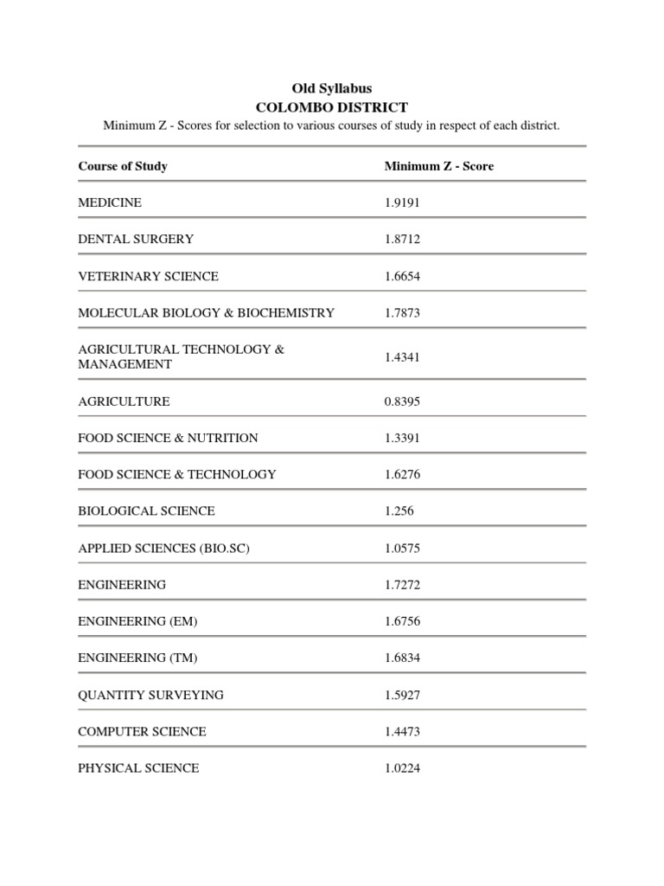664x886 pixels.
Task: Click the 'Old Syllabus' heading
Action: [332, 88]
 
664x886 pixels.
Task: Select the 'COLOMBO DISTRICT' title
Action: [332, 107]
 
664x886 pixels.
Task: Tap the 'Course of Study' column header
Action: [123, 166]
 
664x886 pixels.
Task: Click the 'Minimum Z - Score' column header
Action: [439, 166]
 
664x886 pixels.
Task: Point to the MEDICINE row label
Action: [110, 202]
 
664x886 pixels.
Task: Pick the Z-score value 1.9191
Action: [403, 202]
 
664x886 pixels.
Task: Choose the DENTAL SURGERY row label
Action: [136, 239]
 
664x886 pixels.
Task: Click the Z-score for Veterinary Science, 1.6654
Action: [403, 276]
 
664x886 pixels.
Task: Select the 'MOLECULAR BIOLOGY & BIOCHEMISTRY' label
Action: [206, 312]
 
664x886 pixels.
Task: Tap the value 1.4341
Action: [403, 356]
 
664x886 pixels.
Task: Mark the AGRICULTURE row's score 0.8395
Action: [403, 401]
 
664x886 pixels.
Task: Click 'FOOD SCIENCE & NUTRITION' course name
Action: [168, 438]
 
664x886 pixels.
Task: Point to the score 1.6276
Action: [403, 474]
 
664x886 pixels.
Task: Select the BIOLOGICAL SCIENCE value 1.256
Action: [399, 510]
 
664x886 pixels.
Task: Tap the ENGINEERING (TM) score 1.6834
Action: [403, 658]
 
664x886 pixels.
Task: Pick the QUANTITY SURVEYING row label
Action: [150, 695]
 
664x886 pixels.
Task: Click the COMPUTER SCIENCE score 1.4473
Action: [403, 731]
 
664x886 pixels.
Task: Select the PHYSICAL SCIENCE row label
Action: [138, 767]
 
